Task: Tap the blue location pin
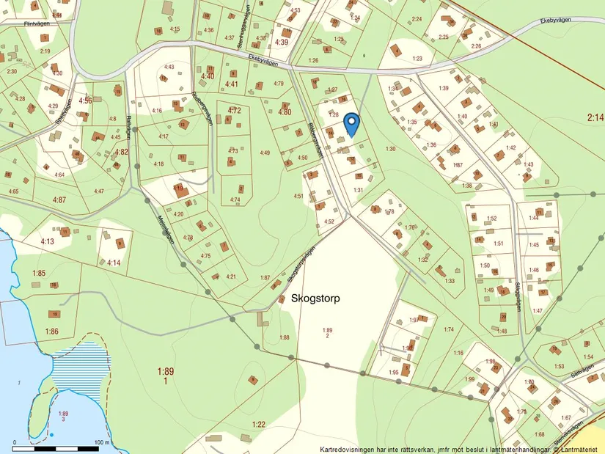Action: pos(352,124)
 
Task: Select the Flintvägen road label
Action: pos(40,23)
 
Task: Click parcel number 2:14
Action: pos(595,117)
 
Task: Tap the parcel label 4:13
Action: pos(48,241)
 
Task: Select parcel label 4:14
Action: pos(113,263)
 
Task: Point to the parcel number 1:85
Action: pos(39,274)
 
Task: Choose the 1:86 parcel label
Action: pos(51,332)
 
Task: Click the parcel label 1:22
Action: pos(258,425)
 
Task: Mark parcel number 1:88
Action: pos(285,337)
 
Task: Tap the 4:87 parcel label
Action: pos(59,199)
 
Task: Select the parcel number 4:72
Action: pos(234,110)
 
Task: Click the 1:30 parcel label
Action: pos(390,149)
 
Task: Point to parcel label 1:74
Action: pos(449,329)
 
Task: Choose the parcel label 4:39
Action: pos(282,42)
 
